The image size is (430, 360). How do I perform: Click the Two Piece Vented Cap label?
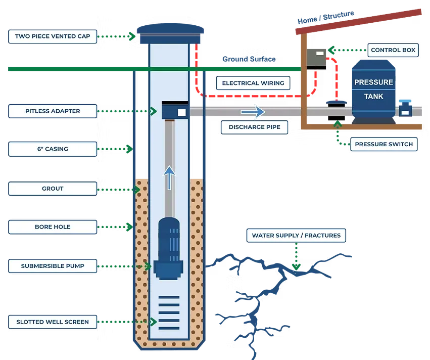[x=53, y=36]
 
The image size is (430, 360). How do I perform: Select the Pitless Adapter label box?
[x=53, y=111]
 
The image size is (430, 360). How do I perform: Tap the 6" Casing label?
[x=53, y=149]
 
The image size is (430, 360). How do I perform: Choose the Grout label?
[x=53, y=189]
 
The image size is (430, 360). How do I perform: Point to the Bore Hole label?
[x=53, y=227]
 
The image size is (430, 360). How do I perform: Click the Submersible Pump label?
[x=53, y=265]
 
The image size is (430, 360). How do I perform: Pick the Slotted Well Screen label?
[x=53, y=322]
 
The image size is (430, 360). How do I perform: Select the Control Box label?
[x=393, y=50]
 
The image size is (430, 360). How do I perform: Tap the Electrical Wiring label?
[x=253, y=83]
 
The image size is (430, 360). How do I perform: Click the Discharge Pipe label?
[x=255, y=127]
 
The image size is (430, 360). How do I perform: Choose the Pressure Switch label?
[x=384, y=144]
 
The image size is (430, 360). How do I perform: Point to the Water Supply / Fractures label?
[x=296, y=235]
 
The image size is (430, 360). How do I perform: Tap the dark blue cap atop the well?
[x=171, y=33]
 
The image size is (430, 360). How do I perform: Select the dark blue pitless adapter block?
[x=174, y=111]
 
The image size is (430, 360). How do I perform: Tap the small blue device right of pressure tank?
[x=405, y=109]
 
